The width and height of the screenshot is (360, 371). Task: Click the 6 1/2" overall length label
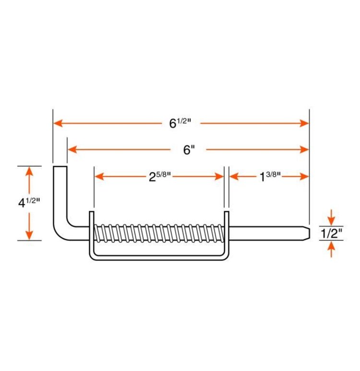click(180, 123)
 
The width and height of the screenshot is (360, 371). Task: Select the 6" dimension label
click(189, 149)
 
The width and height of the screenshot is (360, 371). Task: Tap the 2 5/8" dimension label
click(158, 176)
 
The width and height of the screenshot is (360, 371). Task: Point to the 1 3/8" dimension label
click(270, 176)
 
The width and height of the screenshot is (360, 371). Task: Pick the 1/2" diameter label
click(331, 234)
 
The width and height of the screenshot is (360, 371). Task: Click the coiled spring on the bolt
click(158, 233)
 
